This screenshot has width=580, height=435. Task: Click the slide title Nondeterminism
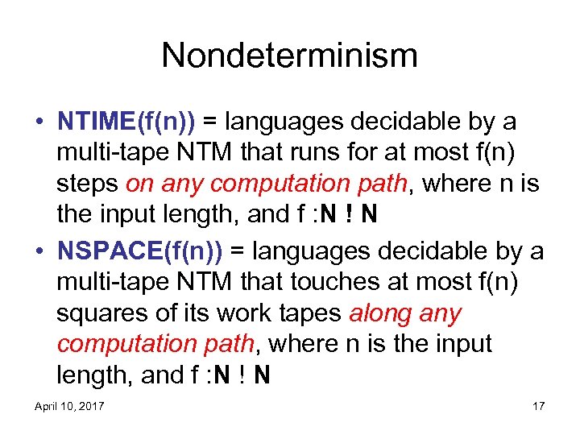coord(290,56)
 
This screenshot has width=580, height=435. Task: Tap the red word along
coord(382,313)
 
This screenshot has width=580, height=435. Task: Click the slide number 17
coord(537,406)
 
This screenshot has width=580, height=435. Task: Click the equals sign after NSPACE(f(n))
coord(238,252)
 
